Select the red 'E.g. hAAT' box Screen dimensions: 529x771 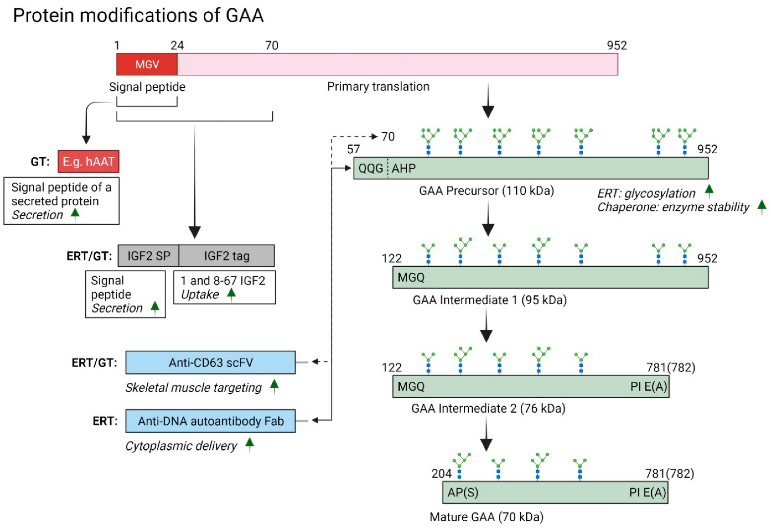click(88, 161)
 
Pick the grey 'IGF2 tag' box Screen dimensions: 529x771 click(227, 256)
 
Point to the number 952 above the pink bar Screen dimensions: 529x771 click(617, 45)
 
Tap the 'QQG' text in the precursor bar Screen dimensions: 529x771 click(371, 168)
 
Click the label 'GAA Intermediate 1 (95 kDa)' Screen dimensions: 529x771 click(489, 300)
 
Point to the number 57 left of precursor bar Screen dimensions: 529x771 click(353, 149)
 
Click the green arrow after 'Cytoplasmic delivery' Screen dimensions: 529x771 click(250, 444)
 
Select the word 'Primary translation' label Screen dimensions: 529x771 click(378, 87)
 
